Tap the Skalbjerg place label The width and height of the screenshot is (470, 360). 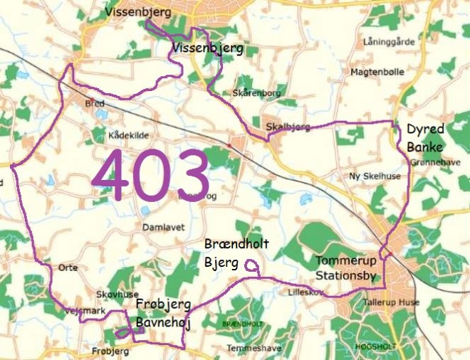pyautogui.click(x=288, y=127)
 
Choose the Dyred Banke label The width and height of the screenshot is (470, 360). pyautogui.click(x=425, y=138)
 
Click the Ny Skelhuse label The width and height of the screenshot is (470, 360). pyautogui.click(x=370, y=176)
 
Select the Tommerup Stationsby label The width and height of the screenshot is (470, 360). pyautogui.click(x=345, y=268)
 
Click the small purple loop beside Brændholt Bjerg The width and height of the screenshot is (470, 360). pyautogui.click(x=251, y=265)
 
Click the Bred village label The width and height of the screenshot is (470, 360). pyautogui.click(x=94, y=103)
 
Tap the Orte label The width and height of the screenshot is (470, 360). pyautogui.click(x=68, y=268)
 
